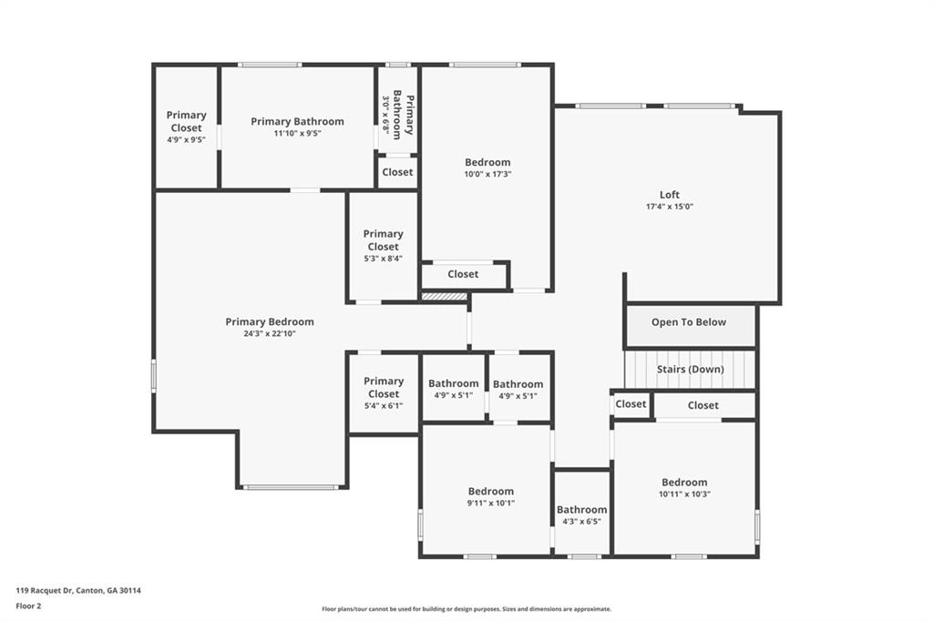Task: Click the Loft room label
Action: [670, 195]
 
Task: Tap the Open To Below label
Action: [689, 321]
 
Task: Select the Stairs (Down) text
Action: [691, 369]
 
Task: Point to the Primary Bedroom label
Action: [270, 321]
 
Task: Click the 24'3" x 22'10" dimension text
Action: [270, 333]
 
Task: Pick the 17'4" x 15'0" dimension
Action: [670, 207]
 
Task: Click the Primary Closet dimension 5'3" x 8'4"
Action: [384, 259]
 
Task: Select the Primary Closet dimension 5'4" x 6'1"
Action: [384, 406]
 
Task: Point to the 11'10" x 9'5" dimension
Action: [298, 133]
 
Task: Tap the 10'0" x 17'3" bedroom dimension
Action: [488, 174]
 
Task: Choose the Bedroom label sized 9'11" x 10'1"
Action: [491, 492]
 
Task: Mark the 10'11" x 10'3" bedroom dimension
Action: [684, 494]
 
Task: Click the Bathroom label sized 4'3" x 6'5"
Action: [582, 510]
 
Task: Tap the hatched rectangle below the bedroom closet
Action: [445, 296]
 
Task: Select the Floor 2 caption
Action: [28, 606]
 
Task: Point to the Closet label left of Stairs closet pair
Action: [631, 404]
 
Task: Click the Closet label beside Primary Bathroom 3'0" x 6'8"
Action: [397, 172]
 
